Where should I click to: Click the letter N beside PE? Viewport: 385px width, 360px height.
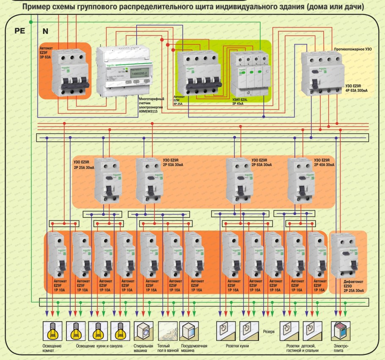(x=45, y=31)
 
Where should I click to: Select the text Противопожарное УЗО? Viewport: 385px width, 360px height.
(x=352, y=49)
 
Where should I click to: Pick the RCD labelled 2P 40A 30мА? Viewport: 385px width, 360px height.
(x=301, y=180)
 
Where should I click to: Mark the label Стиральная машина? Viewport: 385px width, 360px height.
(x=143, y=348)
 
